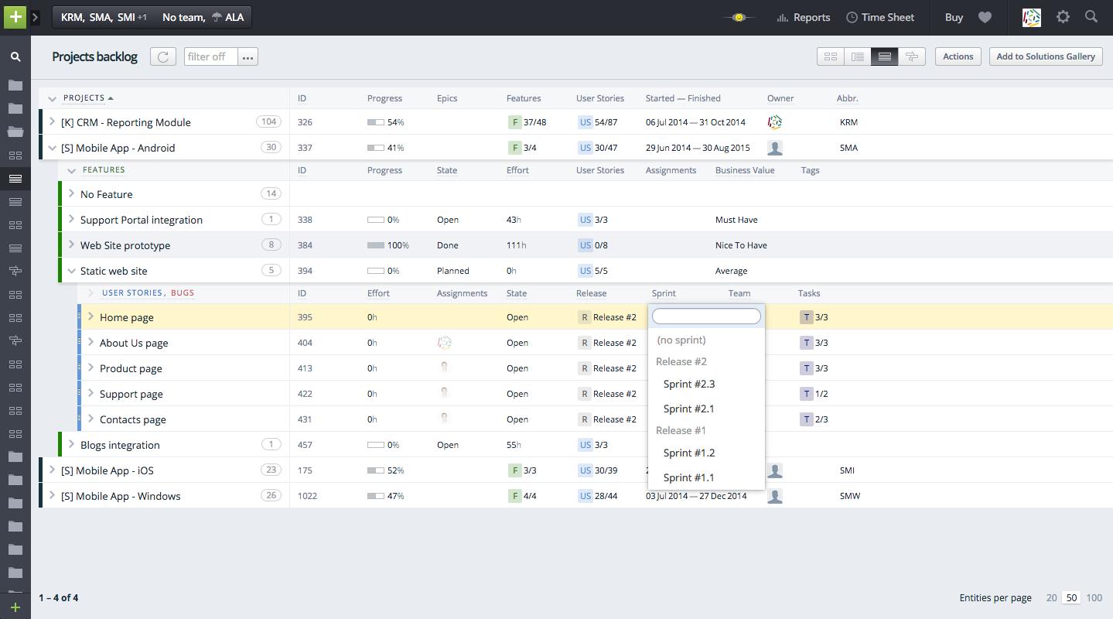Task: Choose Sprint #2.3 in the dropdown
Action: click(x=688, y=384)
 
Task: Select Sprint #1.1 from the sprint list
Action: click(x=688, y=477)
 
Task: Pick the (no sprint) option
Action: click(x=681, y=340)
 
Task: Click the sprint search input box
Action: click(x=706, y=316)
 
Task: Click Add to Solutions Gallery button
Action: click(x=1045, y=56)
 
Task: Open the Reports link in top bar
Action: click(x=804, y=17)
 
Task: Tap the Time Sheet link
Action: click(x=880, y=17)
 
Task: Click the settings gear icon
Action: click(x=1063, y=17)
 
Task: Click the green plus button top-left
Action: click(x=15, y=17)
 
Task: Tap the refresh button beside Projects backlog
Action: click(x=162, y=56)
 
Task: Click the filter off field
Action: click(x=210, y=56)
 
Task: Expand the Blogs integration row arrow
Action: click(x=71, y=445)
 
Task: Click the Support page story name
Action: click(x=131, y=394)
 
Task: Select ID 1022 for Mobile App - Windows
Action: click(x=307, y=496)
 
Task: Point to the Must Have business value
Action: click(x=736, y=220)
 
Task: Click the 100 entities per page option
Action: click(x=1094, y=597)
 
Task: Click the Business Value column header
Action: click(x=744, y=170)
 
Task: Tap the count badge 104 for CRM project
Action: click(x=268, y=122)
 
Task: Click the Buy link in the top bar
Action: click(x=954, y=17)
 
